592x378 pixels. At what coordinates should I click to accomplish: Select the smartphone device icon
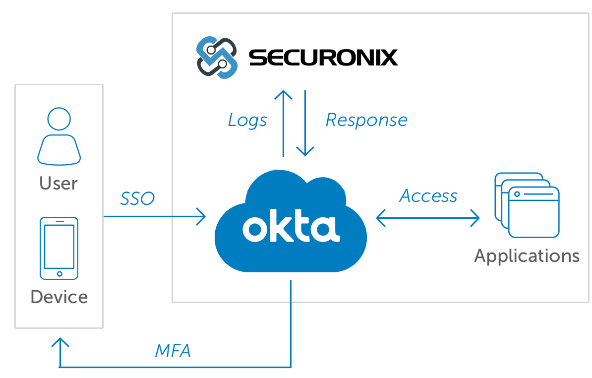click(59, 249)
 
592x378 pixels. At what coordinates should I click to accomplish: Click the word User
click(59, 184)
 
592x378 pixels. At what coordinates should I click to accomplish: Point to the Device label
click(59, 297)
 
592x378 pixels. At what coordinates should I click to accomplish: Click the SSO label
click(137, 199)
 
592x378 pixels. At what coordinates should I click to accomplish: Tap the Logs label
click(247, 120)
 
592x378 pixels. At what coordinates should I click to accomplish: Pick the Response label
click(366, 120)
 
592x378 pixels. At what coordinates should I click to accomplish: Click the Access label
click(428, 196)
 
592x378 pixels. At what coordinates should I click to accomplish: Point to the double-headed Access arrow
click(428, 218)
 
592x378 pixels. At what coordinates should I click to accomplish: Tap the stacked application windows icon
click(527, 205)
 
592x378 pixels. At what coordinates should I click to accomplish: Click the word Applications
click(527, 256)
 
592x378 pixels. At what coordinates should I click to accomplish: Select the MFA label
click(173, 351)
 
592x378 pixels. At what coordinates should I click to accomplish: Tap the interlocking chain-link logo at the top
click(217, 58)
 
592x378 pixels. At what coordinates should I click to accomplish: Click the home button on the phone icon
click(59, 273)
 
